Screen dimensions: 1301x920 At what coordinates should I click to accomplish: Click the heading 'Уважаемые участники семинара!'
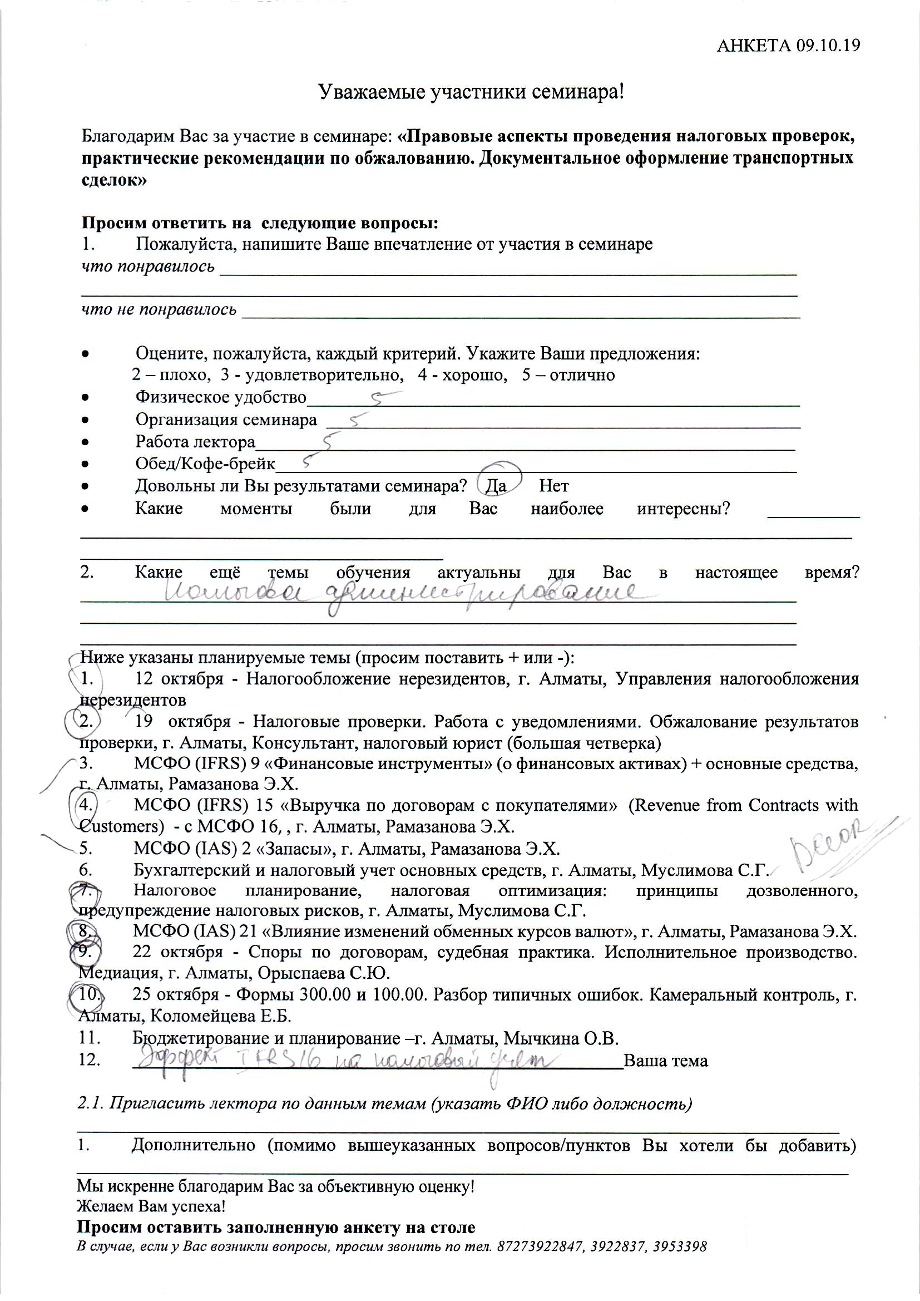471,92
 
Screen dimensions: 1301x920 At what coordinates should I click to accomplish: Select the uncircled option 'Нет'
553,486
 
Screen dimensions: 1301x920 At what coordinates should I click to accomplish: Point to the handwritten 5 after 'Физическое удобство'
383,398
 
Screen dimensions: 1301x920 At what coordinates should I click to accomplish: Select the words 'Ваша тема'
666,1061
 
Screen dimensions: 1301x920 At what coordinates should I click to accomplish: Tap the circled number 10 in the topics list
88,994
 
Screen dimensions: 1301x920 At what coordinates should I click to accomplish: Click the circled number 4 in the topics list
86,805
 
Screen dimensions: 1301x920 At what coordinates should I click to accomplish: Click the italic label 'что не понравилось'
159,309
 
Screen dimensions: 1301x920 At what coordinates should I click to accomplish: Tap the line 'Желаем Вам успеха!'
151,1206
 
